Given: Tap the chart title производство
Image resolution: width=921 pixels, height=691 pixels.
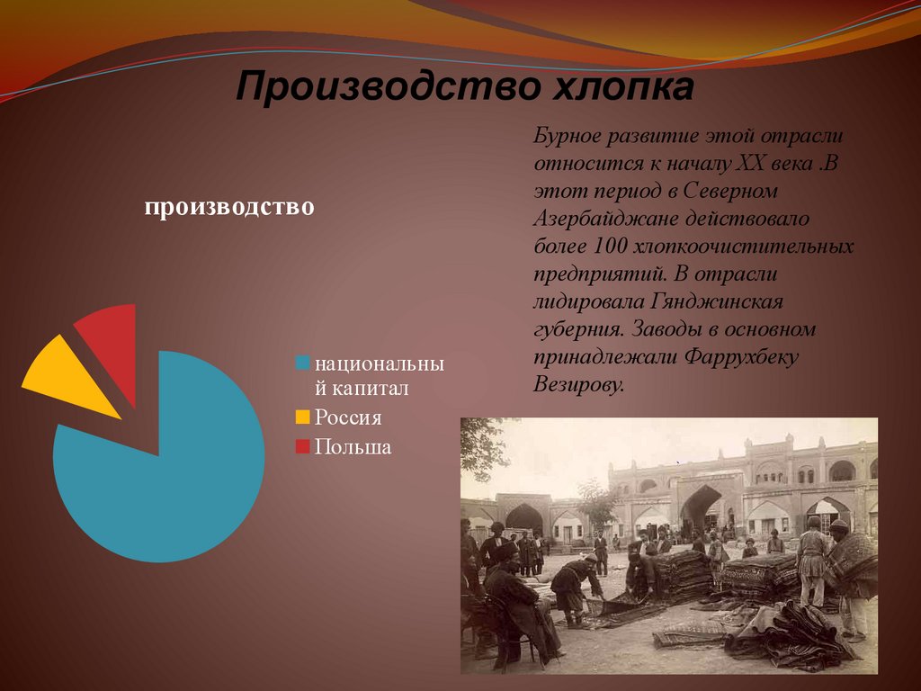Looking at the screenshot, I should pyautogui.click(x=229, y=207).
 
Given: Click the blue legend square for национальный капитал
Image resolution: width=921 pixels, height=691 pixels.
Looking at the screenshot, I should pyautogui.click(x=303, y=363).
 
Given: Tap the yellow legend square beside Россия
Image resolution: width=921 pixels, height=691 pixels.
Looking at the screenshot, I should pyautogui.click(x=303, y=417).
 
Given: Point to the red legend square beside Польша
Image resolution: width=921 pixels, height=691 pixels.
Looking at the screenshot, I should pyautogui.click(x=303, y=446).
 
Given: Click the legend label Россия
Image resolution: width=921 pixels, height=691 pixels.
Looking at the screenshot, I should pyautogui.click(x=348, y=417).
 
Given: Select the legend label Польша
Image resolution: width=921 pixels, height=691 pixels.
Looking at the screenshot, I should pyautogui.click(x=353, y=447).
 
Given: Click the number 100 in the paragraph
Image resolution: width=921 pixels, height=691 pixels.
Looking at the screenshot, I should pyautogui.click(x=611, y=246).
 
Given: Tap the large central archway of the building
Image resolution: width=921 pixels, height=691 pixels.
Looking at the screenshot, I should pyautogui.click(x=701, y=507).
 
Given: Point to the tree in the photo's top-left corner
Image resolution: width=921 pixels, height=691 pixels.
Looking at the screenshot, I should pyautogui.click(x=481, y=445).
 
